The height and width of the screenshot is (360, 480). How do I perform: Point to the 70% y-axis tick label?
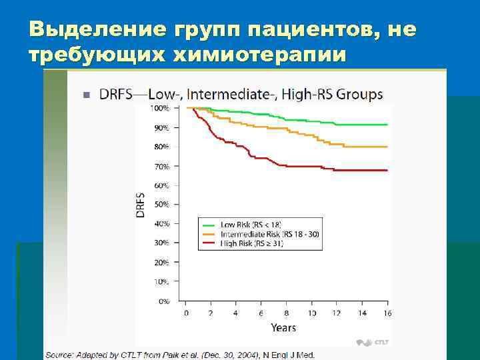point(161,166)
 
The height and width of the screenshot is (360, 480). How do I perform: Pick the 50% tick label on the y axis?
point(161,205)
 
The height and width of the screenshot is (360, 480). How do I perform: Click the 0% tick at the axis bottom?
point(163,301)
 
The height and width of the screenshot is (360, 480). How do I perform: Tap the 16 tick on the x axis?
point(387,313)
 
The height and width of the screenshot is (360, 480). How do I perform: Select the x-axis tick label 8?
point(287,313)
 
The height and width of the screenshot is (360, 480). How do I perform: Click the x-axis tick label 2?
point(211,313)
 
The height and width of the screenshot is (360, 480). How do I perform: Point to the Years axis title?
point(283,327)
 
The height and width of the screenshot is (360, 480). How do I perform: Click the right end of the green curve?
point(386,125)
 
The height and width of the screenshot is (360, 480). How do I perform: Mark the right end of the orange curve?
point(386,147)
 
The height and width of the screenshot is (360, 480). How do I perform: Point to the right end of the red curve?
point(386,171)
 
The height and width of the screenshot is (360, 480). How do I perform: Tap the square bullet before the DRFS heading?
point(86,95)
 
